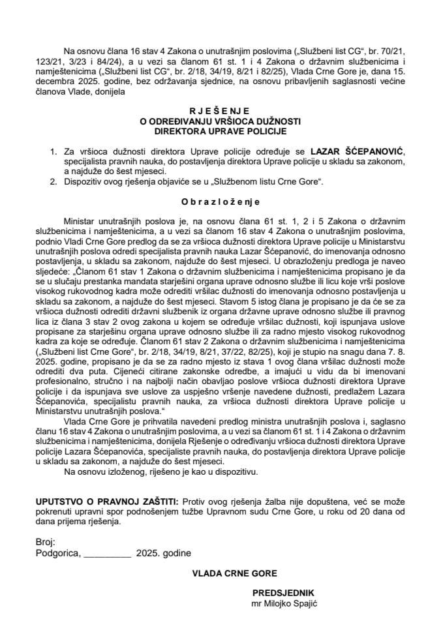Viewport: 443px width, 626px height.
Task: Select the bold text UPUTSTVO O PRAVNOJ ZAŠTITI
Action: click(104, 502)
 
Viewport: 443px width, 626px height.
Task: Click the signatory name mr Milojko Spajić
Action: click(284, 603)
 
